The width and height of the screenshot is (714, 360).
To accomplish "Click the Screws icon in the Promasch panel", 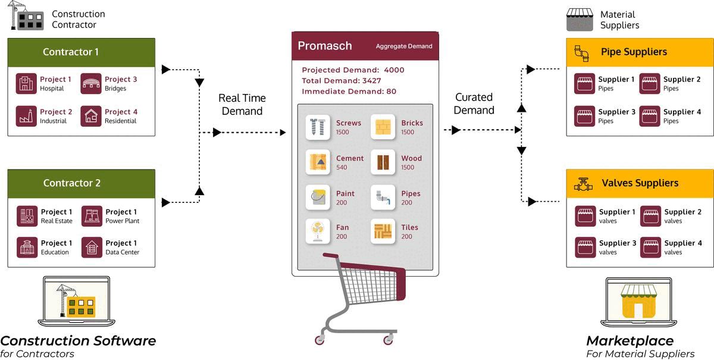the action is (x=318, y=127).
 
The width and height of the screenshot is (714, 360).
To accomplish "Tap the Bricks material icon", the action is (x=383, y=127).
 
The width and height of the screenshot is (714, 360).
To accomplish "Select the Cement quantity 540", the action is (x=342, y=167).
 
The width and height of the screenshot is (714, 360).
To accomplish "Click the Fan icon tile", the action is (x=318, y=231).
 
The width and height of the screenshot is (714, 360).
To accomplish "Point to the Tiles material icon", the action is (x=383, y=231).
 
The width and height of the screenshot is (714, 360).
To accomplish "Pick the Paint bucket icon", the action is (x=318, y=198).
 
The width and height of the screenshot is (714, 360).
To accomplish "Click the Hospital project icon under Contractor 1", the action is (x=26, y=83).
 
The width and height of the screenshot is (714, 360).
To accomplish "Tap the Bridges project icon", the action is (x=91, y=83).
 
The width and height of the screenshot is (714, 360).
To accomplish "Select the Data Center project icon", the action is (x=92, y=247).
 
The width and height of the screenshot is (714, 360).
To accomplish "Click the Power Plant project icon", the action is (x=92, y=216).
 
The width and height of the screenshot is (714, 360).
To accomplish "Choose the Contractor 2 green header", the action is (x=82, y=184).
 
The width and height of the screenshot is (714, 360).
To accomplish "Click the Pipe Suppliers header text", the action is (x=634, y=52).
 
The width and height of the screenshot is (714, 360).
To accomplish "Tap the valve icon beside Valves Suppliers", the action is (x=583, y=184).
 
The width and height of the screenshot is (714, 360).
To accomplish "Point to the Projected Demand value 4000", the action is (x=394, y=70).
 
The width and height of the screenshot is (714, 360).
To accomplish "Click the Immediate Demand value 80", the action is (x=391, y=92).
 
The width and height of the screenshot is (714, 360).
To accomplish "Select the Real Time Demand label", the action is (x=242, y=105).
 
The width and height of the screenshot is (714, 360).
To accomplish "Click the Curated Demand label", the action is (x=474, y=104).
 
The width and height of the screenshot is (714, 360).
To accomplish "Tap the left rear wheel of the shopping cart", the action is (x=320, y=340).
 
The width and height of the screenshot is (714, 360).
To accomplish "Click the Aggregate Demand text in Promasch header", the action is (x=404, y=46).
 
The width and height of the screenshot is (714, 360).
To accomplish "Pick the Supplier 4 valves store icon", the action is (x=650, y=247).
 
